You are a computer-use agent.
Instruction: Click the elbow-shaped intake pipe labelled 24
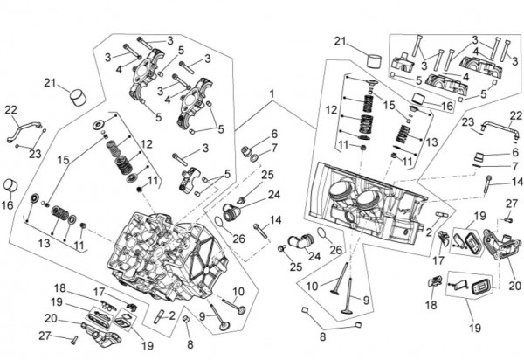tap(304, 237)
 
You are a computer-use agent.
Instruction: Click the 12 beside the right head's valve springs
tap(330, 110)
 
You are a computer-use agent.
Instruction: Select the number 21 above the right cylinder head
tap(340, 41)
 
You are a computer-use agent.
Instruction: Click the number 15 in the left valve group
tap(62, 161)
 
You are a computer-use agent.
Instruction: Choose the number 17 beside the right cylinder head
tap(437, 260)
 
